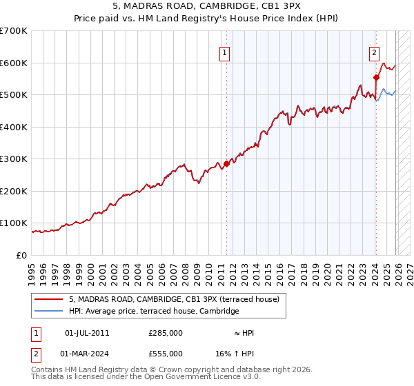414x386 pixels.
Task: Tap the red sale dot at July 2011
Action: point(226,164)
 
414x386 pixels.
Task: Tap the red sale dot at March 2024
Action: point(376,77)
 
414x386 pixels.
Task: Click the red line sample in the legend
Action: point(49,299)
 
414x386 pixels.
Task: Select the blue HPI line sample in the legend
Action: point(49,312)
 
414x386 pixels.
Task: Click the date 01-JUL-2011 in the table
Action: point(87,333)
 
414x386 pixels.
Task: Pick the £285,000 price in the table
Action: point(166,333)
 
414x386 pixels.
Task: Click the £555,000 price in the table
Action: point(166,354)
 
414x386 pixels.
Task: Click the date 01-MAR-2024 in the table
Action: point(88,354)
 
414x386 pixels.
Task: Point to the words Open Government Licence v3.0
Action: point(200,377)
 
